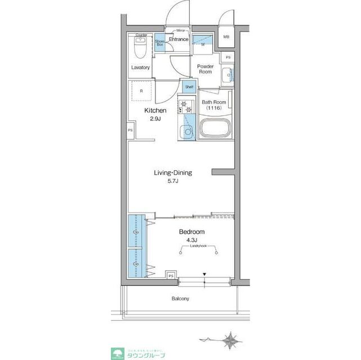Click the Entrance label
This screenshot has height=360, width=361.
pos(179,39)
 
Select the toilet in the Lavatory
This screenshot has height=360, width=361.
pos(141,48)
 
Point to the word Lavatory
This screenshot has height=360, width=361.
pos(141,67)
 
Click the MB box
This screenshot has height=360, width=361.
pos(226,37)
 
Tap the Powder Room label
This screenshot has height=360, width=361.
pos(204,69)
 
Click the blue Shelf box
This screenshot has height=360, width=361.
pos(190,87)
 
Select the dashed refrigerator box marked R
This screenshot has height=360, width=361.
pos(141,91)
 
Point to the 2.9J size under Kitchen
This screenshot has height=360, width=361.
pos(155,119)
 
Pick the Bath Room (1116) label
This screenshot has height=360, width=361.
pos(214,104)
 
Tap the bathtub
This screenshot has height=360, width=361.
pos(214,130)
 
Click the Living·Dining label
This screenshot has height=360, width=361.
pos(172,173)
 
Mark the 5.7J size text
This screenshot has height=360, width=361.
pos(173,182)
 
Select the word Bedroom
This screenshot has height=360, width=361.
pos(191,232)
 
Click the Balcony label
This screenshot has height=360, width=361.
pos(180,299)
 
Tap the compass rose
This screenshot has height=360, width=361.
pos(229,340)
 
